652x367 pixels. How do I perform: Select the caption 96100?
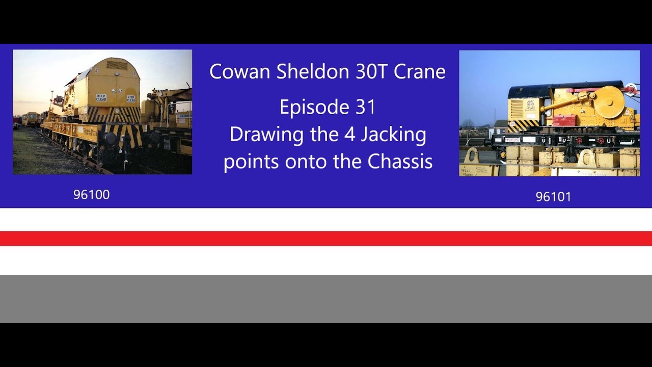[91, 195]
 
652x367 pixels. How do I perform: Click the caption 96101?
[553, 197]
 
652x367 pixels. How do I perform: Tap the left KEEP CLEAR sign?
[101, 97]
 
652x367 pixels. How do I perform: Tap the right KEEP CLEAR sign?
[131, 98]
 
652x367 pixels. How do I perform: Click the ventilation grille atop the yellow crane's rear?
[117, 65]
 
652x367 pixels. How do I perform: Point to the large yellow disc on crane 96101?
[608, 102]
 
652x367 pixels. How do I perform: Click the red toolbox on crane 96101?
[564, 120]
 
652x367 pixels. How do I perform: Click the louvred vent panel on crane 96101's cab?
[517, 108]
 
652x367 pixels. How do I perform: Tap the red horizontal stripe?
[326, 239]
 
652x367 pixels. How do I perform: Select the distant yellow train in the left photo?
[31, 119]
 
